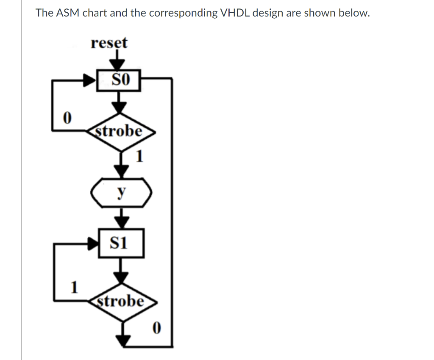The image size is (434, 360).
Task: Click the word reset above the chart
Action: click(x=109, y=43)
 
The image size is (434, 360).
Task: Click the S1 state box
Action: click(x=121, y=243)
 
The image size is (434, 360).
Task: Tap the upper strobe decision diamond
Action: click(x=121, y=131)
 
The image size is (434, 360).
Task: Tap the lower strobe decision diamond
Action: click(x=122, y=302)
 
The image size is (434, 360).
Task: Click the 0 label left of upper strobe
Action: click(x=66, y=116)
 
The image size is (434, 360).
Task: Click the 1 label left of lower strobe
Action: click(x=74, y=287)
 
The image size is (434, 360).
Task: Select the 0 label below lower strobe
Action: click(x=156, y=328)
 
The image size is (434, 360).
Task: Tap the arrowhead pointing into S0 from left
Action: click(x=90, y=80)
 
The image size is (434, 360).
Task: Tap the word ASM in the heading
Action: click(x=68, y=13)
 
